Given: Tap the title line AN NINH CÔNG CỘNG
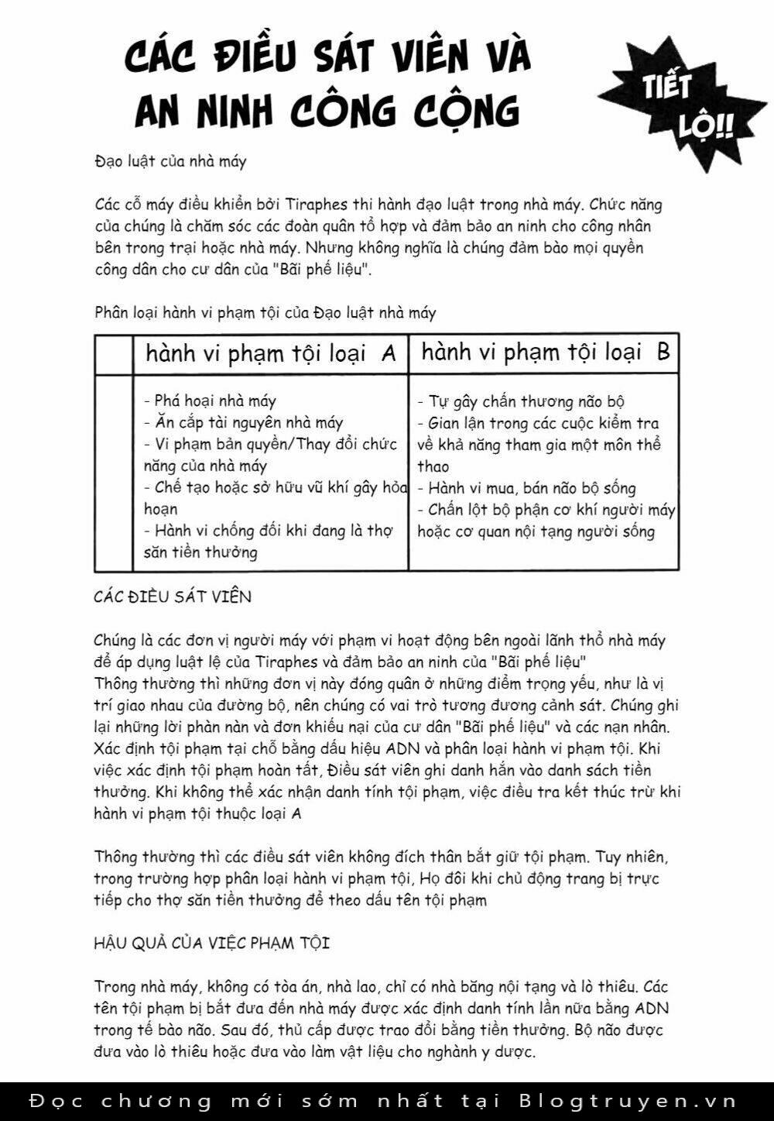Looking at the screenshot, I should click(x=327, y=111).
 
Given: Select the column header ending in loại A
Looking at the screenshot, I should click(x=270, y=354).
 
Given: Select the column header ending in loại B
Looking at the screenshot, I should click(x=545, y=352).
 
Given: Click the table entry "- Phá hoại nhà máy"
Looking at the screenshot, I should click(x=210, y=401).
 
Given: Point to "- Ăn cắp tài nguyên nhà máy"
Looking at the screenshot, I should click(x=243, y=422).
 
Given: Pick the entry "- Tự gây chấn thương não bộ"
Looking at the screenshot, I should click(x=521, y=401).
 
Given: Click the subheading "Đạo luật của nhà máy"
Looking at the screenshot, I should click(x=170, y=161).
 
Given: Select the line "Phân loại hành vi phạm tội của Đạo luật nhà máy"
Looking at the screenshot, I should click(x=265, y=312).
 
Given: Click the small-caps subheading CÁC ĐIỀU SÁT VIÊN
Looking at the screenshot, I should click(x=173, y=597).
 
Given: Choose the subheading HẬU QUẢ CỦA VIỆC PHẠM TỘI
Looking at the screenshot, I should click(x=211, y=943).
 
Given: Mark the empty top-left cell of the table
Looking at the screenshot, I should click(x=114, y=354).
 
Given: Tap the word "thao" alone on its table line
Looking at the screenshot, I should click(x=433, y=466).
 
